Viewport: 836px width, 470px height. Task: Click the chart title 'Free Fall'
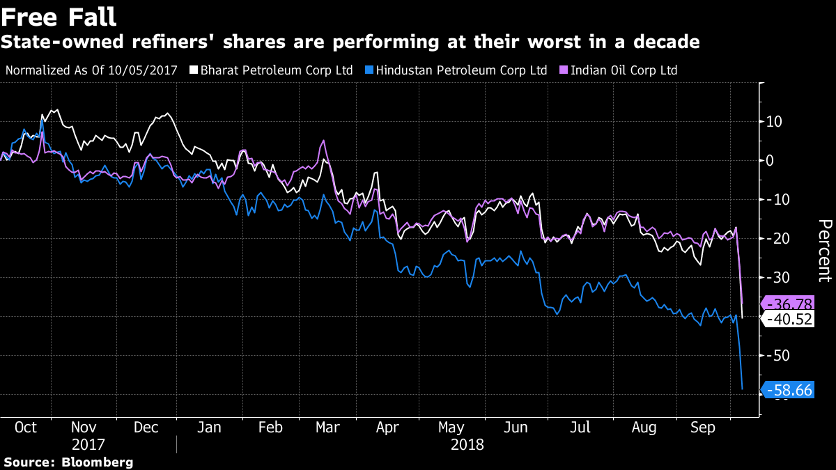coord(59,16)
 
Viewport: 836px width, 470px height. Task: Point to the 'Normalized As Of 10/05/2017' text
coord(91,70)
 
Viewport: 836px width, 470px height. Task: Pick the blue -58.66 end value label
coord(789,390)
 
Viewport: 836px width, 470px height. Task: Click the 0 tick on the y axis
coord(771,161)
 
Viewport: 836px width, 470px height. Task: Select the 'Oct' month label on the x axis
coord(26,427)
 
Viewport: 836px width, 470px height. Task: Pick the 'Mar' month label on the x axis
coord(328,427)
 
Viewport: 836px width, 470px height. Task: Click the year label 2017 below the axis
coord(88,444)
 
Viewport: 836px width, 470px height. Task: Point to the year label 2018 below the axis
coord(466,444)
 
